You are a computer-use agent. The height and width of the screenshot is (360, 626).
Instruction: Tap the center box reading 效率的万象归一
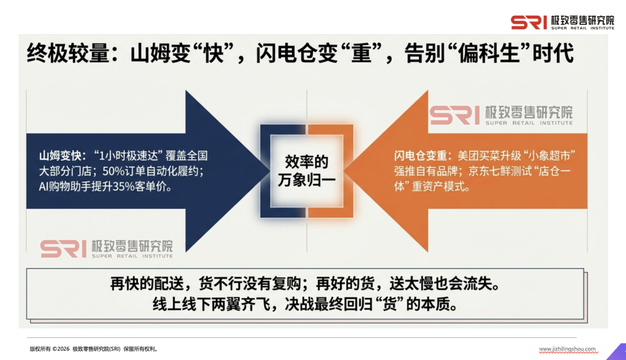tap(307, 170)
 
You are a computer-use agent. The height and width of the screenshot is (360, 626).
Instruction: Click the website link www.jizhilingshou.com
tap(567, 349)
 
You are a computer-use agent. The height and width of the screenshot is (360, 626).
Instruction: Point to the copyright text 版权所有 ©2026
tap(49, 349)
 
